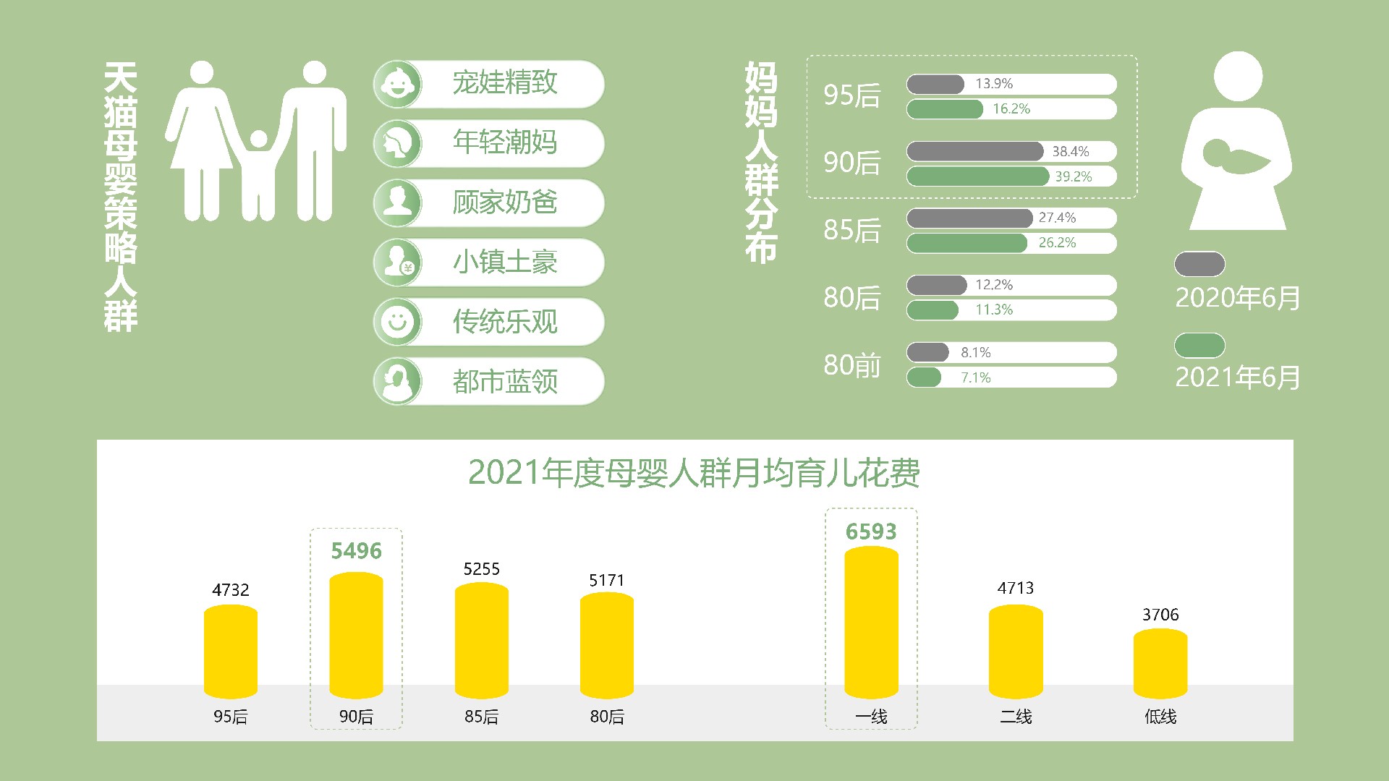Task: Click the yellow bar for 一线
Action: (x=871, y=623)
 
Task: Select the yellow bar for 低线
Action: (x=1160, y=664)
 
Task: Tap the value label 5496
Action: (x=356, y=551)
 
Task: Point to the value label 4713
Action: (x=1016, y=588)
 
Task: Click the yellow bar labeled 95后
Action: (x=231, y=652)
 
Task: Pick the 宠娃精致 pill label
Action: (x=505, y=82)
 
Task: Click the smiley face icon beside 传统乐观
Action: (x=397, y=321)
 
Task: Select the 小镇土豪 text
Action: (x=505, y=262)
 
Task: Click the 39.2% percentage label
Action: (x=1074, y=176)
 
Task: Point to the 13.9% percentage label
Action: (x=994, y=84)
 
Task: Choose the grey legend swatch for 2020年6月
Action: (x=1199, y=264)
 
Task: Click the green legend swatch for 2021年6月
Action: (x=1199, y=346)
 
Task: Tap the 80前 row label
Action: (x=852, y=365)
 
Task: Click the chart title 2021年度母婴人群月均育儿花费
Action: (x=694, y=473)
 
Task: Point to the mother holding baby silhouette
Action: (x=1237, y=141)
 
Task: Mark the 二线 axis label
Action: (x=1016, y=717)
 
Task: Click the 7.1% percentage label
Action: (x=976, y=377)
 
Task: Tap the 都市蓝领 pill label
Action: (x=505, y=381)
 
